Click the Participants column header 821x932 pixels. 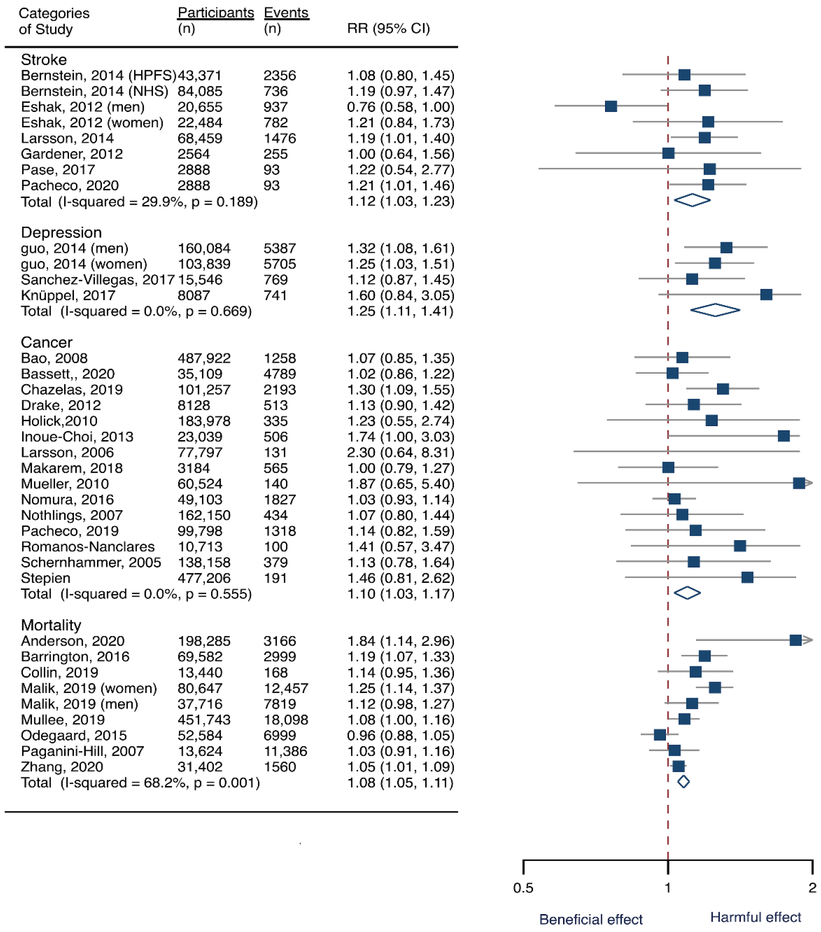[x=215, y=13]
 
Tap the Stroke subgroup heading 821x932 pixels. [x=44, y=60]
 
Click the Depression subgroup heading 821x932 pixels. [x=61, y=233]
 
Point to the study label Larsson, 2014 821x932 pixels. [x=67, y=138]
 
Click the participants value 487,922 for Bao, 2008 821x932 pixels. [x=204, y=358]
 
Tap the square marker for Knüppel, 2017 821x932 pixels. [x=766, y=295]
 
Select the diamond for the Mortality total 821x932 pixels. [x=683, y=782]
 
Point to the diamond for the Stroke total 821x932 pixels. [x=692, y=200]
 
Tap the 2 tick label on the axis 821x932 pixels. [x=812, y=888]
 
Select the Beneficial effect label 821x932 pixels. [x=591, y=919]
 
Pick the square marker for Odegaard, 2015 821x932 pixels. [x=660, y=735]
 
